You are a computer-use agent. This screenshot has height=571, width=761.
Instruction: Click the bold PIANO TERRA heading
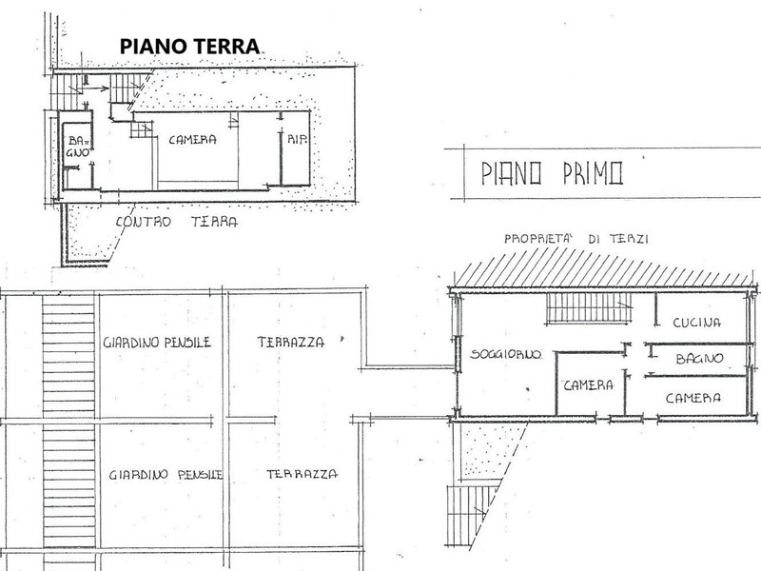point(189,47)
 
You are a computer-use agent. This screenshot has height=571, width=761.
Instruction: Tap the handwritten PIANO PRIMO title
point(552,173)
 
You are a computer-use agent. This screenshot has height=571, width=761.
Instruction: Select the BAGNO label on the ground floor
point(79,147)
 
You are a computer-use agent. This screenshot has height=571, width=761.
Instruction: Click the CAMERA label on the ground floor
point(193,140)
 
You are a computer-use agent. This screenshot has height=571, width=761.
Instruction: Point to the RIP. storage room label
point(298,140)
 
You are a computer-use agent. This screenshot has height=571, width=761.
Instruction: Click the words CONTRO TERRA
point(177,222)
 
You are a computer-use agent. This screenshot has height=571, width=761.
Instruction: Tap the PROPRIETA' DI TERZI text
point(576,239)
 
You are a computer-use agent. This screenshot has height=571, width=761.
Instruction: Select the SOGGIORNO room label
point(506,354)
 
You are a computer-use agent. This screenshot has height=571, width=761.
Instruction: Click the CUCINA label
point(696,322)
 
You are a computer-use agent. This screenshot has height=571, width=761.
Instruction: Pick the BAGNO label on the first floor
point(699,359)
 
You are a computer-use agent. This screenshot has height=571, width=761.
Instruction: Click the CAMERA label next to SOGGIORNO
point(588,385)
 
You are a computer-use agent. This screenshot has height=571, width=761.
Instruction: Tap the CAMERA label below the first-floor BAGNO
point(693,398)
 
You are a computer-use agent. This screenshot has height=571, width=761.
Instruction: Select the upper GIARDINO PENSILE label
point(157,343)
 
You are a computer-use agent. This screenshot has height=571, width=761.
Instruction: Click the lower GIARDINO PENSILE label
point(166,474)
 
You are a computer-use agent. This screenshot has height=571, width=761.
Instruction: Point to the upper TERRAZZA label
point(291,343)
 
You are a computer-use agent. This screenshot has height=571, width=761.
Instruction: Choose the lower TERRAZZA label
point(302,474)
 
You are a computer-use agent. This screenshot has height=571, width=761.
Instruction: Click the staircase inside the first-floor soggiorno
point(590,307)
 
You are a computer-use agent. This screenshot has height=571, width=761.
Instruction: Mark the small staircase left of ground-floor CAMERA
point(141,129)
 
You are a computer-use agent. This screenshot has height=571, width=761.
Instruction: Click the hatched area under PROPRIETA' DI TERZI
point(604,268)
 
